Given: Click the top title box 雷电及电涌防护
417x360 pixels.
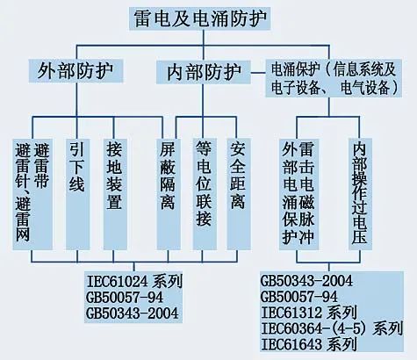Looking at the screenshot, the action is tap(200, 18).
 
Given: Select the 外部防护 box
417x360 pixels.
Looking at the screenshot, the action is tap(75, 71).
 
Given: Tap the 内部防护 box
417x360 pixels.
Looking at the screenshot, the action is tap(204, 72).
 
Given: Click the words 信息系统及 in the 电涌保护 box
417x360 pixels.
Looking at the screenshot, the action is tap(364, 69).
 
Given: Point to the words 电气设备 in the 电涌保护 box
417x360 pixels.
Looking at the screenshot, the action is tap(364, 87).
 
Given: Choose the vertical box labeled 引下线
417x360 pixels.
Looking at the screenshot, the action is tap(77, 194).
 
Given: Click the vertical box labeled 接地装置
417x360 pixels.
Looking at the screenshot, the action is tap(115, 194).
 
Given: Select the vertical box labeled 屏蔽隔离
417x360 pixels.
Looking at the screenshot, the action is tap(169, 194).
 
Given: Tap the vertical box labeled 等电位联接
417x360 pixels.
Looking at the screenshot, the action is tap(205, 194).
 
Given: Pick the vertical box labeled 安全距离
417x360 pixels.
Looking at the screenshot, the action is tap(239, 194).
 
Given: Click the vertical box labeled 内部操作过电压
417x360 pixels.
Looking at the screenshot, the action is tap(361, 194).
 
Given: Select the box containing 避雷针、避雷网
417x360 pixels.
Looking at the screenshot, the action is tap(32, 194).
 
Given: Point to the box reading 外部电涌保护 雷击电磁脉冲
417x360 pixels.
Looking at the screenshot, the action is tap(298, 194).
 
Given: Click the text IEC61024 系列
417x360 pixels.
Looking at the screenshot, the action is tap(134, 281).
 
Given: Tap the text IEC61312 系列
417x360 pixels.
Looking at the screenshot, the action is tap(309, 313).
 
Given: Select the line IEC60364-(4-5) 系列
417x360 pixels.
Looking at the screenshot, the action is tap(332, 328).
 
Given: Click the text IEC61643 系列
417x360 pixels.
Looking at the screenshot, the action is tap(309, 344).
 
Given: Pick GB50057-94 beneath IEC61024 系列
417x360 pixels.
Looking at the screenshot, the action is tap(125, 298).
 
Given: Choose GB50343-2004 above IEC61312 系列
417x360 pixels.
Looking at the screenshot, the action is tap(306, 281).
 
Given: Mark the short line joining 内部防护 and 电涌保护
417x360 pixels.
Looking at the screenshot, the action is tap(258, 72).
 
